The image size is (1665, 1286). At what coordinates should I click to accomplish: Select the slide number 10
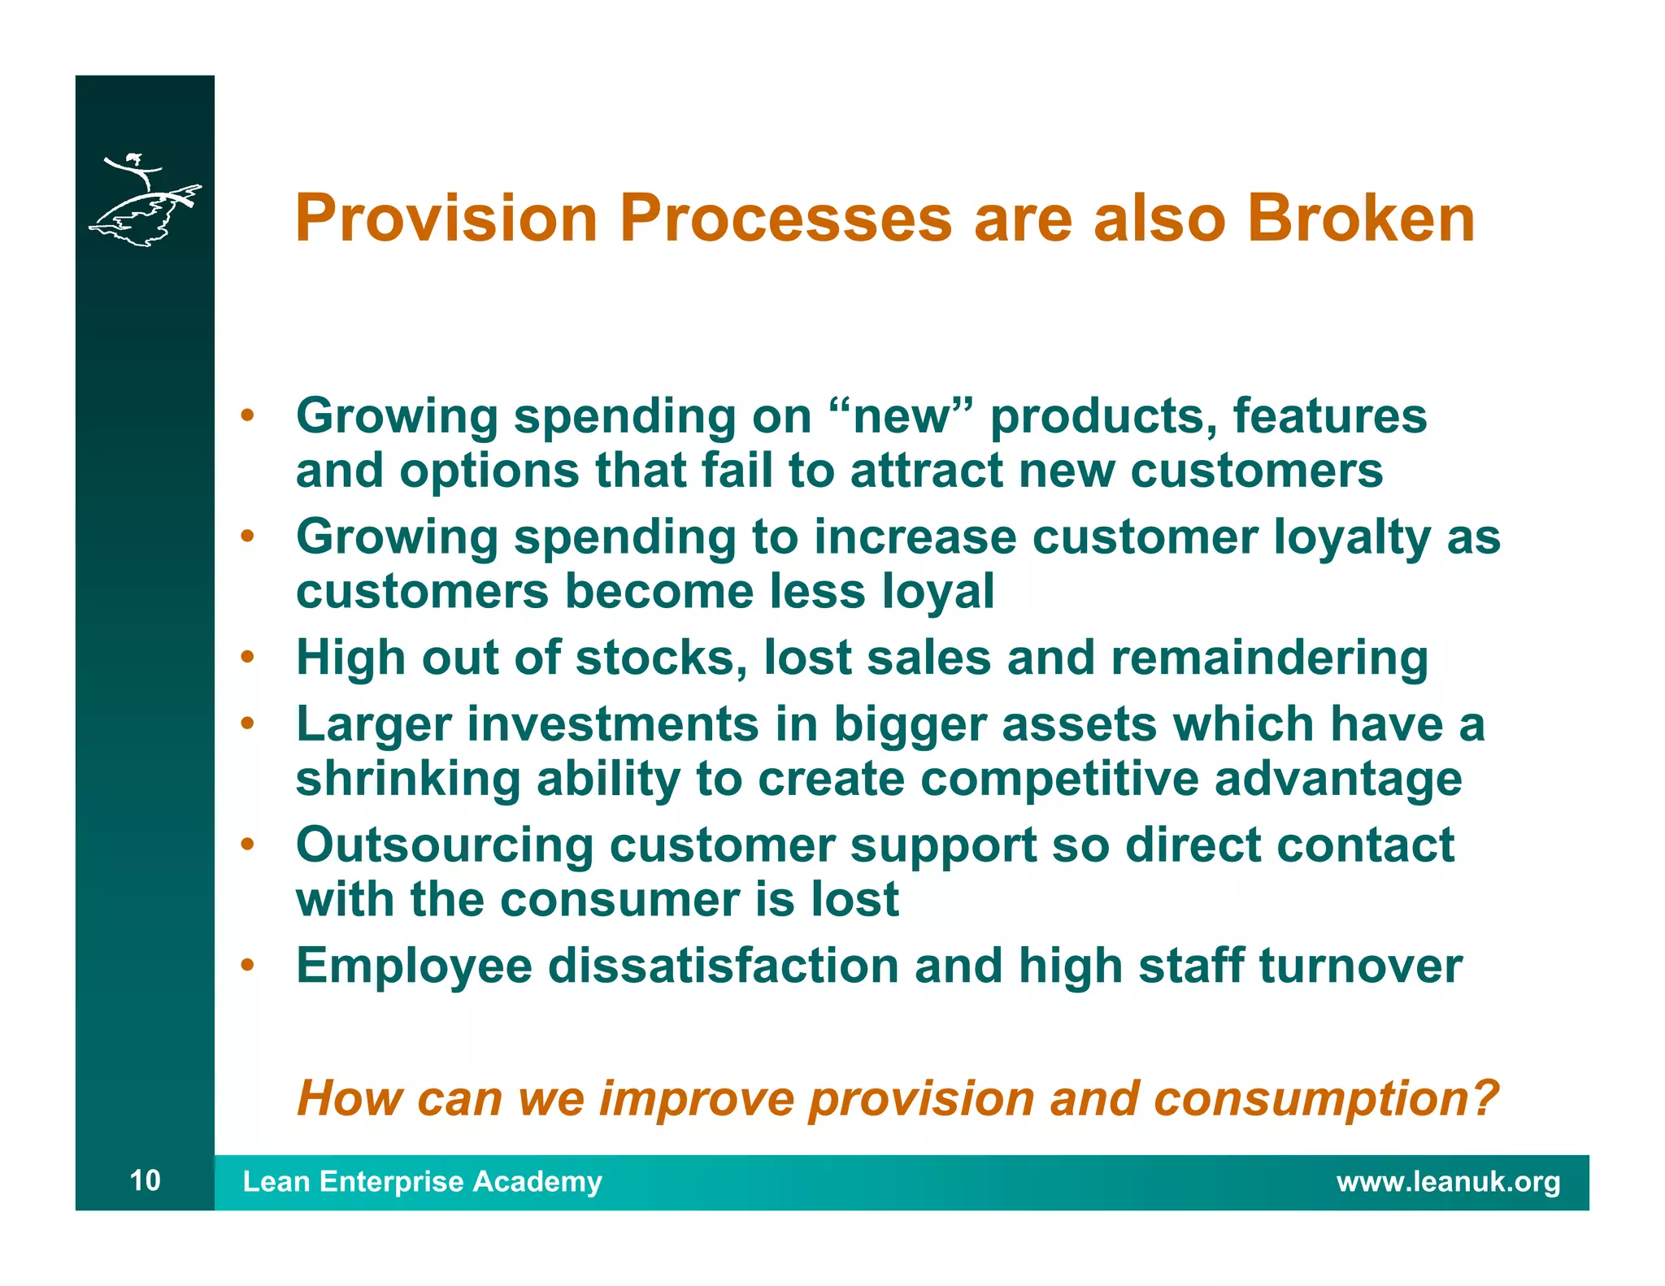point(146,1180)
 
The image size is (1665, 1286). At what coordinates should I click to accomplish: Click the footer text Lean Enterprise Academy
point(422,1181)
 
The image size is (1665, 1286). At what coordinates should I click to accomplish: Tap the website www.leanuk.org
point(1448,1181)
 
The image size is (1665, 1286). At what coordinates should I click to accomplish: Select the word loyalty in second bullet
point(1351,537)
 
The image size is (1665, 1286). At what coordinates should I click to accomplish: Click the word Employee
point(414,966)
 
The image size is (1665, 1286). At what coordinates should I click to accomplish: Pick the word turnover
point(1360,966)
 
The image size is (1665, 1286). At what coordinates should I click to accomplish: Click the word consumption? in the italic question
point(1325,1099)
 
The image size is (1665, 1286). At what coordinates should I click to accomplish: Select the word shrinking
point(407,779)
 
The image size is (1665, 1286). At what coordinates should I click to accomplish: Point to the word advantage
point(1337,779)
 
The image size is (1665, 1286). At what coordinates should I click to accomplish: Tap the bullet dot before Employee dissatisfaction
point(248,965)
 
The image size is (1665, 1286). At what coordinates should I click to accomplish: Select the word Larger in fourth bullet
point(373,724)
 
